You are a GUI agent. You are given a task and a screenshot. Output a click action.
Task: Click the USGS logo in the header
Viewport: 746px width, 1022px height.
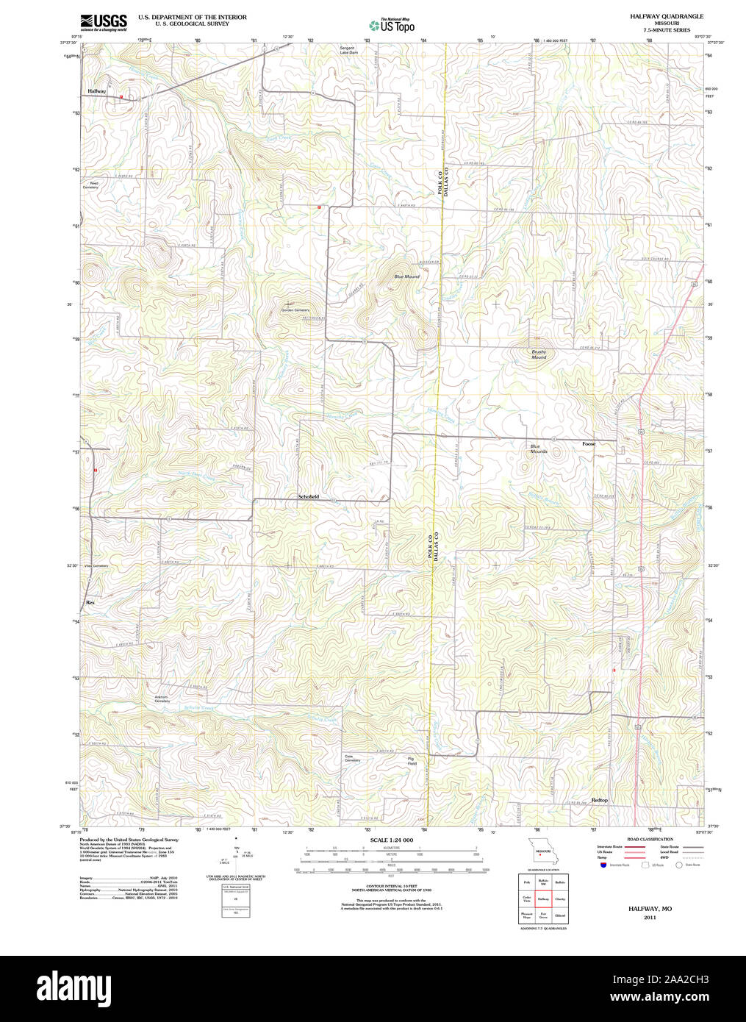click(104, 22)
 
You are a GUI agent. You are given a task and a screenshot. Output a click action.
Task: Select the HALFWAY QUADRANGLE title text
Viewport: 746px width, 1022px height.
click(666, 16)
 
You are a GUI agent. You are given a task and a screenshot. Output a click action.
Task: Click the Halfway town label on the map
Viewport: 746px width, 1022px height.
click(97, 91)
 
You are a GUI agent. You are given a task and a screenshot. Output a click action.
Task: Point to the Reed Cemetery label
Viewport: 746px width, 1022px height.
click(90, 185)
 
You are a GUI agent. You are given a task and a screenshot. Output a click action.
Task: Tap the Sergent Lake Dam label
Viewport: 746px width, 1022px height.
click(348, 51)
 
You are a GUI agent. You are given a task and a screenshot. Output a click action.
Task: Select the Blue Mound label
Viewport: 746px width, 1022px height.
click(406, 276)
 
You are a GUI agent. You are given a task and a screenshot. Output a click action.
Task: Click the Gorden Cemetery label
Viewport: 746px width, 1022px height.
click(295, 310)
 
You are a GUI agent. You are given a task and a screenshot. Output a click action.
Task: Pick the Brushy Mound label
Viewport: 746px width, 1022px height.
click(539, 354)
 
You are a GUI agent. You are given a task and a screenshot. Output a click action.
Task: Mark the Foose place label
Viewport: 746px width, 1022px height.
click(589, 444)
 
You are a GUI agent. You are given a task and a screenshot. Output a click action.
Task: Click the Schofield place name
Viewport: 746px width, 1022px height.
click(308, 497)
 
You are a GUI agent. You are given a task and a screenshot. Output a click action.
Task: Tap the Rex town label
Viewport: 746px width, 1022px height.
click(90, 602)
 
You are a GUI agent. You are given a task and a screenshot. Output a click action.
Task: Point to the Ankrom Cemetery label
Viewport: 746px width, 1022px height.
click(162, 698)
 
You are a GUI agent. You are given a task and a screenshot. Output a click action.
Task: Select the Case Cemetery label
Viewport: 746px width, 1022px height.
click(352, 758)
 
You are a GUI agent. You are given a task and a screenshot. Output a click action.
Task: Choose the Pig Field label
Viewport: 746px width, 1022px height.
click(412, 761)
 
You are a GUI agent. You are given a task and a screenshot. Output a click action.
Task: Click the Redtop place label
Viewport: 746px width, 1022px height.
click(599, 800)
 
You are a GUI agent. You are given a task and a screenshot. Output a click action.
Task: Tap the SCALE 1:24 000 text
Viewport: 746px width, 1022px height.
click(391, 840)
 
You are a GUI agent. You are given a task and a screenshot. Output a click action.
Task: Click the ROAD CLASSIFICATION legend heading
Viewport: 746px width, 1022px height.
click(649, 839)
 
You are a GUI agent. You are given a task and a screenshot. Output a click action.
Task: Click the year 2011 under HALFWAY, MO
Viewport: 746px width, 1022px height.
click(650, 918)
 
